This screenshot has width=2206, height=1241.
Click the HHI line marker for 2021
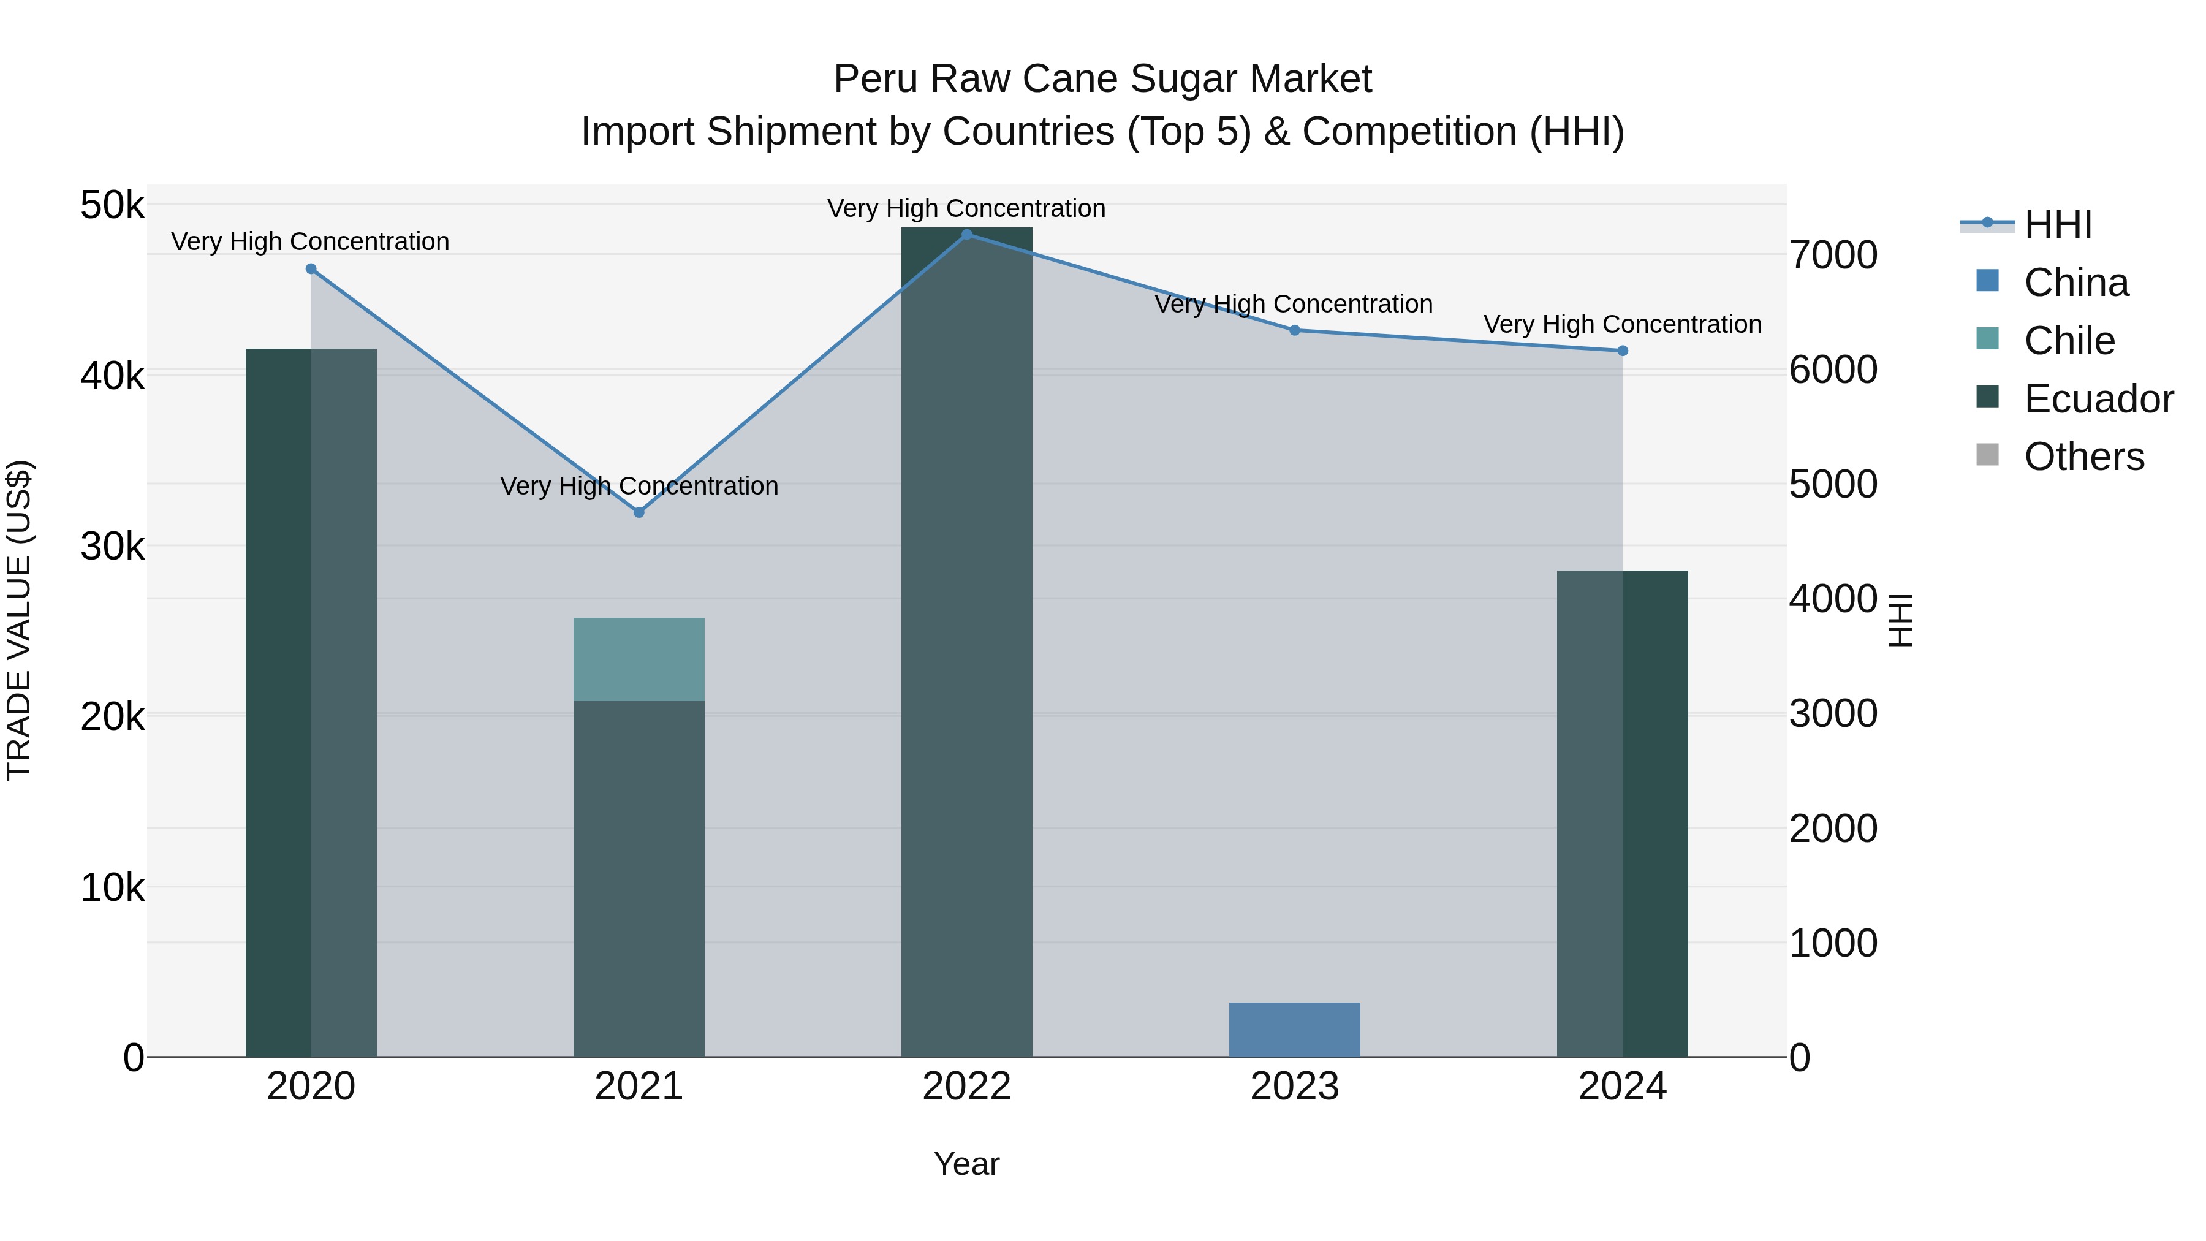click(639, 512)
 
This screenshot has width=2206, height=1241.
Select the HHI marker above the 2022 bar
click(967, 235)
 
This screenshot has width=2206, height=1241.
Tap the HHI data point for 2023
click(1295, 330)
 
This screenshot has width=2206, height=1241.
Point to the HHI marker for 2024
click(1622, 351)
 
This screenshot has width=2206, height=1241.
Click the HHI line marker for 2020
click(311, 269)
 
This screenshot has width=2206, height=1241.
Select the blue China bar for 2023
click(1294, 1030)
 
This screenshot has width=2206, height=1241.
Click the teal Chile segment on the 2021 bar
click(639, 659)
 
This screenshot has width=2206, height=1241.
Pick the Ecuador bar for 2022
click(967, 642)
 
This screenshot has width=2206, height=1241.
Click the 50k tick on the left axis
click(112, 205)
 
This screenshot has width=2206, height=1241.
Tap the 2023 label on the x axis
click(1294, 1087)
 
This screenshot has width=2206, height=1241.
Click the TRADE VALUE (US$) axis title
click(19, 620)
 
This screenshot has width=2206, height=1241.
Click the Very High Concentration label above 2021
click(639, 485)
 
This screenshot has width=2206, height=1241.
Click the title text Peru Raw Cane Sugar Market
click(1102, 79)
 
